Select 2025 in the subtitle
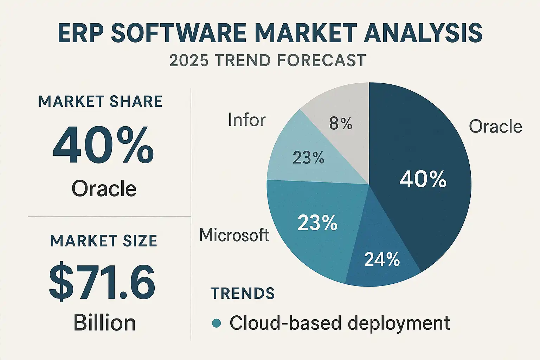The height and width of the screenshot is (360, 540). pos(189,60)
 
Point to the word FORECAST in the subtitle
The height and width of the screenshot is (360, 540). pos(321,60)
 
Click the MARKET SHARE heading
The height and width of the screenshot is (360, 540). pos(101,102)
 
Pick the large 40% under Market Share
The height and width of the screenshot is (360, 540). pos(103,146)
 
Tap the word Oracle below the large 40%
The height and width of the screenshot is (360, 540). pos(104,189)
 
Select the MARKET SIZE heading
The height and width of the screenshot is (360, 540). pos(104,241)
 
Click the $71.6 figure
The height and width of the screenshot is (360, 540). pos(102,282)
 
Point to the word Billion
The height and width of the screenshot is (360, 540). pos(104,323)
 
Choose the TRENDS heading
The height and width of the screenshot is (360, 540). pos(243,294)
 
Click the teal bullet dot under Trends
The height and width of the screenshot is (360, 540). pos(217,323)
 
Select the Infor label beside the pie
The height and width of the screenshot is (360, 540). pos(247,120)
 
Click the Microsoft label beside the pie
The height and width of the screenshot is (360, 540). pos(234,235)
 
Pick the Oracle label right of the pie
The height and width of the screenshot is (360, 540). pos(495,127)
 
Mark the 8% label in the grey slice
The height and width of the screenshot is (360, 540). pos(341,124)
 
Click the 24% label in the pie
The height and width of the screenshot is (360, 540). pos(382,259)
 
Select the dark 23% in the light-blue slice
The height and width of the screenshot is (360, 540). pos(308,158)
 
